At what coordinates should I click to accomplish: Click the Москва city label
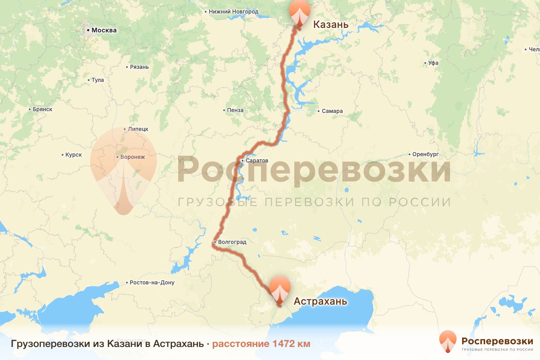point(104,31)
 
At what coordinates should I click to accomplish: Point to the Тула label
point(97,80)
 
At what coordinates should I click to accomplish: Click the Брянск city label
point(42,109)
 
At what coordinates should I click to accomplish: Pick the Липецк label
point(138,129)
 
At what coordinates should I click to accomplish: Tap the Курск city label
point(73,155)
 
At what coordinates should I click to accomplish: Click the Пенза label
point(235,110)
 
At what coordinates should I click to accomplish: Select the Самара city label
point(332,111)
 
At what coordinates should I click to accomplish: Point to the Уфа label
point(433,63)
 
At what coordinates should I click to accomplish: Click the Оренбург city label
point(425,154)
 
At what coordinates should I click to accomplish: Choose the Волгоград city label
point(232,242)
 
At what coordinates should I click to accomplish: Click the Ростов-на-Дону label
point(152,283)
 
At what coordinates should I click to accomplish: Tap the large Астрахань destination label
point(320,301)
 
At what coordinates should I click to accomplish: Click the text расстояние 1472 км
point(261,344)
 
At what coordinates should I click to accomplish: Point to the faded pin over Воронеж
point(123,166)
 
